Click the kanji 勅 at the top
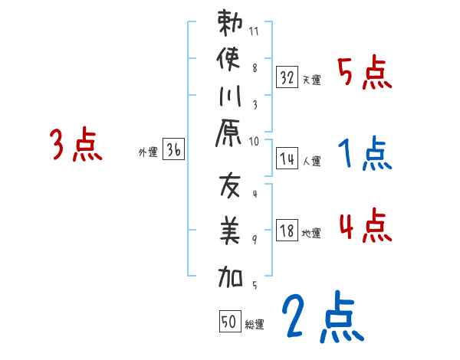[231, 23]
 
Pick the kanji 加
[231, 274]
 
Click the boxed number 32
[287, 77]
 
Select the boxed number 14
[287, 159]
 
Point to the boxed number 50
[229, 322]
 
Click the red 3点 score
[76, 145]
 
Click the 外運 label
[147, 152]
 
